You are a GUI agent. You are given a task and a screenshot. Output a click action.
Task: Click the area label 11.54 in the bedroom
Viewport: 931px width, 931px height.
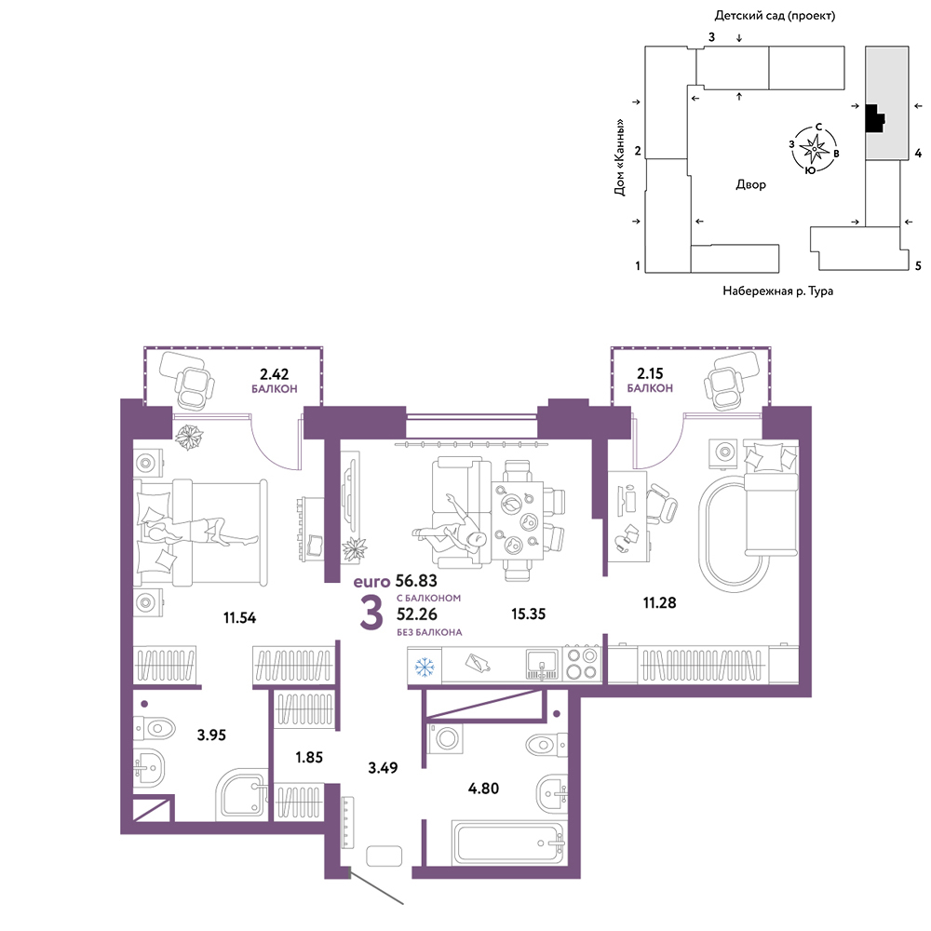(239, 617)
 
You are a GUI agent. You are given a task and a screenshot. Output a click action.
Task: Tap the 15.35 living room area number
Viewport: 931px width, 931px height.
(528, 614)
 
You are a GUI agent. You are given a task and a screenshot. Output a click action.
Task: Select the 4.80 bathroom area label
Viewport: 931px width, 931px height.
(483, 789)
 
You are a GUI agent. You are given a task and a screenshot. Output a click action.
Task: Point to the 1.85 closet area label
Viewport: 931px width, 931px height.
(309, 757)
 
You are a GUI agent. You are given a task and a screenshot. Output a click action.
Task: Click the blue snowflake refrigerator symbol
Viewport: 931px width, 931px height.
(425, 667)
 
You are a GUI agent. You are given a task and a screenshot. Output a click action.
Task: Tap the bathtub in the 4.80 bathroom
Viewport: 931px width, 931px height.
(509, 843)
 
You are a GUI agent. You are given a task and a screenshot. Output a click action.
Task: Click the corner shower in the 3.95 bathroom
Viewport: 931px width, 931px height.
(241, 795)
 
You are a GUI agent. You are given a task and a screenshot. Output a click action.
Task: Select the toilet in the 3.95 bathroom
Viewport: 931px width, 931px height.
(154, 728)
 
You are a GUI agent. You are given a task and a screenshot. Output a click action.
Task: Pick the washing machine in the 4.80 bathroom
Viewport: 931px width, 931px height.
(445, 739)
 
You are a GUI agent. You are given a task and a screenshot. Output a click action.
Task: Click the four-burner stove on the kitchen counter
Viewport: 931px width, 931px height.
(581, 664)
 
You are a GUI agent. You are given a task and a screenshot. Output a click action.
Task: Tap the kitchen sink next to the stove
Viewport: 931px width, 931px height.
(542, 664)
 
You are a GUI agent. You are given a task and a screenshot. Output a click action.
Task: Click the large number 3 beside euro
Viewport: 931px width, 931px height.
(371, 614)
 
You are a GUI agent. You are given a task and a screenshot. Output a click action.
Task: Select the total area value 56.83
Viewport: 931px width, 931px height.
(416, 581)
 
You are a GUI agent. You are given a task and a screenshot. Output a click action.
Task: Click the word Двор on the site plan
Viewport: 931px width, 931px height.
(750, 184)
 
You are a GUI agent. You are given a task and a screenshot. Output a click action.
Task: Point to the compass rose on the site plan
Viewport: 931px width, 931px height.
(814, 148)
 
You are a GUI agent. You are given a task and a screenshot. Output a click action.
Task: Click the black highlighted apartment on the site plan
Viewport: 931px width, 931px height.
(874, 118)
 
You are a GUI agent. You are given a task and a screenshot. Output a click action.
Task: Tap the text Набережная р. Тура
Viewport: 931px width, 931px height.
(777, 290)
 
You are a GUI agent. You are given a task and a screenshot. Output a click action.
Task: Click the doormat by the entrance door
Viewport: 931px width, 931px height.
(385, 857)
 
